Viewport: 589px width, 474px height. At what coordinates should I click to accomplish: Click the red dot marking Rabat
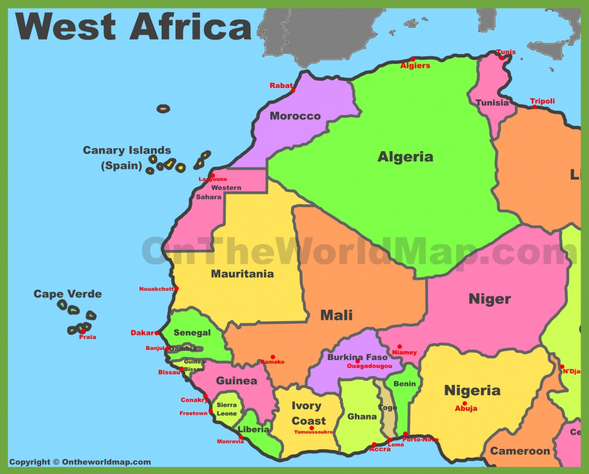pyautogui.click(x=293, y=91)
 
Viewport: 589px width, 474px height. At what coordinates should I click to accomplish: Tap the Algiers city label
pyautogui.click(x=415, y=66)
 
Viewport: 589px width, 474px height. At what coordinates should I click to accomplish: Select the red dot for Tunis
pyautogui.click(x=502, y=57)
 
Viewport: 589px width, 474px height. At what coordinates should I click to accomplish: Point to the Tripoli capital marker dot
pyautogui.click(x=534, y=107)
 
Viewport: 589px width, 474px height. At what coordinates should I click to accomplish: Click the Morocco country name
pyautogui.click(x=295, y=116)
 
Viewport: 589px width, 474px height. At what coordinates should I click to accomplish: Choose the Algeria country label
pyautogui.click(x=405, y=157)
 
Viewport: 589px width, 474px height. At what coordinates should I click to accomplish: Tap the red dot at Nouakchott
pyautogui.click(x=177, y=288)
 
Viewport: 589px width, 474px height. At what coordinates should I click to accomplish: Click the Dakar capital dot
pyautogui.click(x=157, y=333)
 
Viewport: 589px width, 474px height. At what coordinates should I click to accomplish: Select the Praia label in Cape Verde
pyautogui.click(x=87, y=337)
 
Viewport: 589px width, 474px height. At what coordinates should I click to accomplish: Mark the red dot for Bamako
pyautogui.click(x=273, y=357)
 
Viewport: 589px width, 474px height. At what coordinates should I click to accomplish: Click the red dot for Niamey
pyautogui.click(x=399, y=347)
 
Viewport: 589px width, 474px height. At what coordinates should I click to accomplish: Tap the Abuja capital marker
pyautogui.click(x=464, y=403)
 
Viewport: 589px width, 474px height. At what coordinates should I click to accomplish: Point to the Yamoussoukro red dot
pyautogui.click(x=311, y=427)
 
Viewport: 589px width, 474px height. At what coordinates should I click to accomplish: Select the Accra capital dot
pyautogui.click(x=374, y=444)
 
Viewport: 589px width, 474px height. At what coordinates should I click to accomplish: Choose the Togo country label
pyautogui.click(x=388, y=408)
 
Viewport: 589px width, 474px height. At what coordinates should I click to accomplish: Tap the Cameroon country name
pyautogui.click(x=520, y=451)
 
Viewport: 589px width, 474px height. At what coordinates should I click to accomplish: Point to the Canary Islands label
pyautogui.click(x=127, y=151)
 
